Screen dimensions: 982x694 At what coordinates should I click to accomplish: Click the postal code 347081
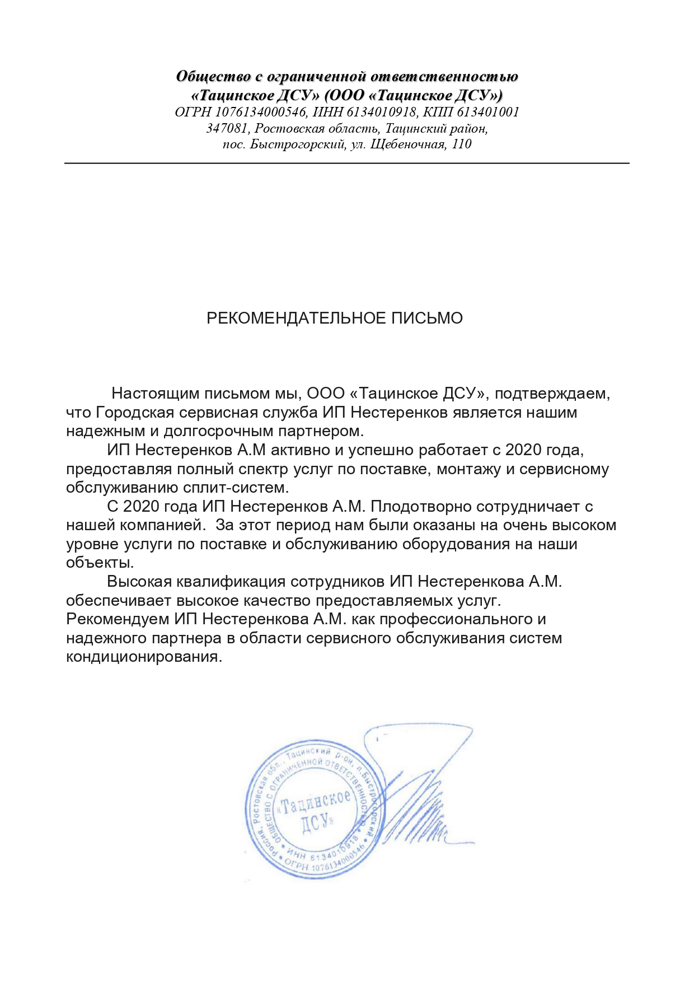tap(227, 128)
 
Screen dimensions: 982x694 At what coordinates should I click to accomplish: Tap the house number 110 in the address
tap(462, 144)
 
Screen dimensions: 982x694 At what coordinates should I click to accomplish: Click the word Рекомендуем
tap(118, 619)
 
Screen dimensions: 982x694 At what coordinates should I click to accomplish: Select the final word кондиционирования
tap(144, 657)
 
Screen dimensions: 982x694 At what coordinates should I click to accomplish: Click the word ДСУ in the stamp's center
tap(316, 823)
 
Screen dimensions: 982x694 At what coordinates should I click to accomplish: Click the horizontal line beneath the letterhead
tap(347, 163)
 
